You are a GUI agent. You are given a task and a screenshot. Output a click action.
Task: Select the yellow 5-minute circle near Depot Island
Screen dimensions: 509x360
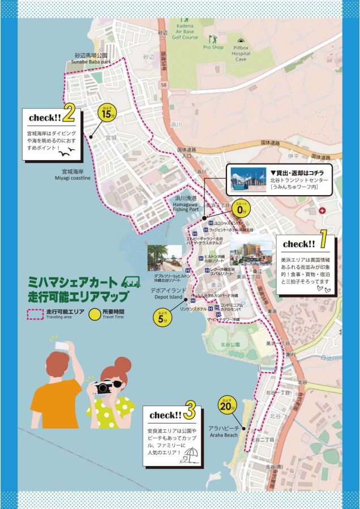point(162,317)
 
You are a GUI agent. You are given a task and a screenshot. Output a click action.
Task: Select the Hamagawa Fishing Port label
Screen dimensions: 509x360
point(186,204)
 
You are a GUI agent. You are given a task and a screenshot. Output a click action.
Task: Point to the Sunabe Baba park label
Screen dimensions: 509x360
point(91,59)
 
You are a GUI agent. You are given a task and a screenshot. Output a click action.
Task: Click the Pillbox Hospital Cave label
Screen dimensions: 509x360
point(241,54)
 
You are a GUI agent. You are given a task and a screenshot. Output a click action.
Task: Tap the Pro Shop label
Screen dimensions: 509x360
point(213,47)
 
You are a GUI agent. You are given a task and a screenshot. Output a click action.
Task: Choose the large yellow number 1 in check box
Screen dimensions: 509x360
point(323,242)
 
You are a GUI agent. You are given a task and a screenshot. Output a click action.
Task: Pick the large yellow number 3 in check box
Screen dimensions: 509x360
point(190,410)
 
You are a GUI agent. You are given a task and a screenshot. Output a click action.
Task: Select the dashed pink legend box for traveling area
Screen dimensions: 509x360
point(35,314)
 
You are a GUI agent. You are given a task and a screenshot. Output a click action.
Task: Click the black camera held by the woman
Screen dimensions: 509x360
point(104,388)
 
